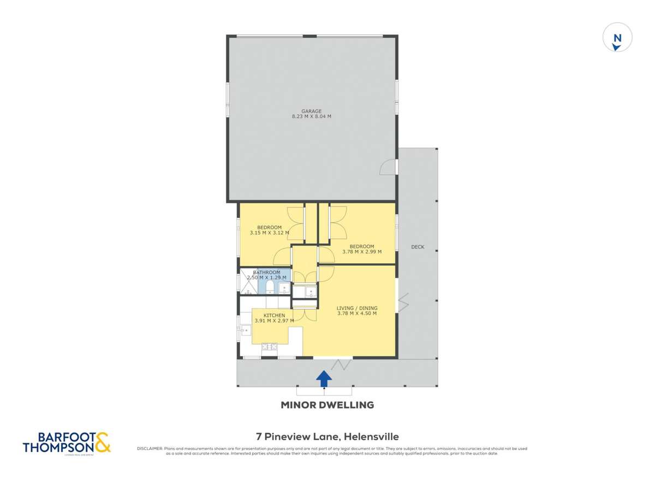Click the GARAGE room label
click(x=312, y=111)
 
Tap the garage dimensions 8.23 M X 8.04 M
click(x=312, y=116)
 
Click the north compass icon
click(x=617, y=39)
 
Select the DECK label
click(x=418, y=247)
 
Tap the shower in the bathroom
click(x=247, y=283)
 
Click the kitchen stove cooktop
click(x=270, y=346)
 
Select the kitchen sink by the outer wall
click(x=246, y=329)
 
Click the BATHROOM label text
click(x=267, y=272)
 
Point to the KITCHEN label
click(x=274, y=316)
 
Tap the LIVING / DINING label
click(x=357, y=308)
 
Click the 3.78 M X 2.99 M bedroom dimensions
click(x=361, y=252)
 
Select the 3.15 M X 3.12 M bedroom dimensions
click(x=269, y=233)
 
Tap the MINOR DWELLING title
click(x=327, y=405)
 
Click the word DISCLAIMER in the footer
click(x=149, y=449)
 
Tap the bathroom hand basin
click(x=284, y=287)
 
